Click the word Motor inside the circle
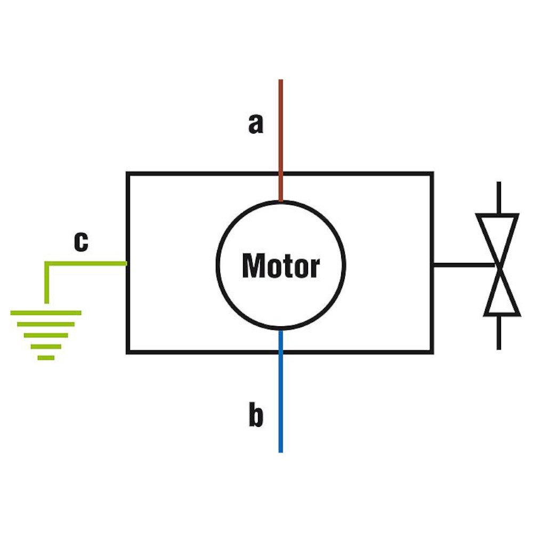coord(281,265)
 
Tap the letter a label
coord(256,124)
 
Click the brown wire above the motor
coord(281,133)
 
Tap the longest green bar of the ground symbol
coord(46,313)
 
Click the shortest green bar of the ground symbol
coord(46,357)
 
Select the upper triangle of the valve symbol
coord(498,235)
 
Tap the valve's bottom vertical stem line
coord(499,333)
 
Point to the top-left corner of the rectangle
coord(127,173)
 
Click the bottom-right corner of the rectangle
coord(432,352)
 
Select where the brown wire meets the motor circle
coord(281,201)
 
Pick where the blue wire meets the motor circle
coord(281,329)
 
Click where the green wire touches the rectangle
coord(126,263)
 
